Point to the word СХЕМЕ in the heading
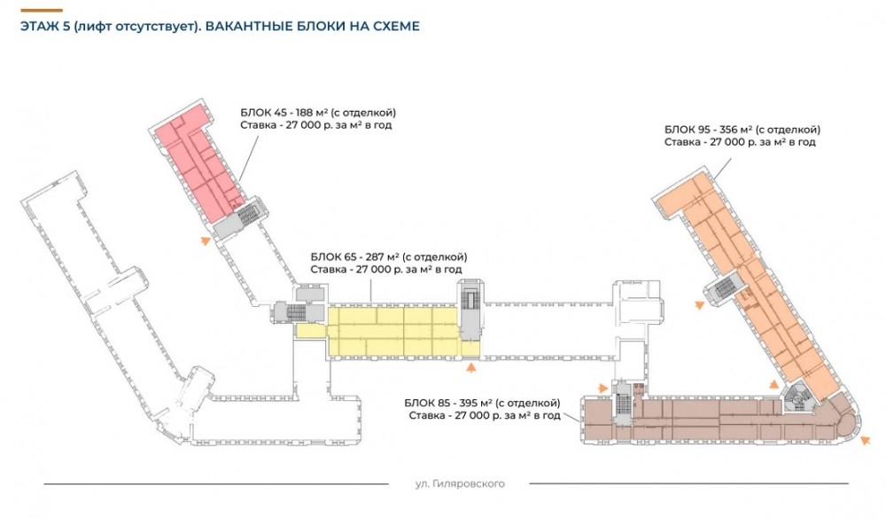pos(392,26)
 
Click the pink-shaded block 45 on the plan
pos(197,159)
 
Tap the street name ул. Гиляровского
pos(459,484)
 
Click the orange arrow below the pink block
pos(206,240)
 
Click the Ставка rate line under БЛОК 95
pos(739,142)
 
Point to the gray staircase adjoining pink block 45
pos(245,214)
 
